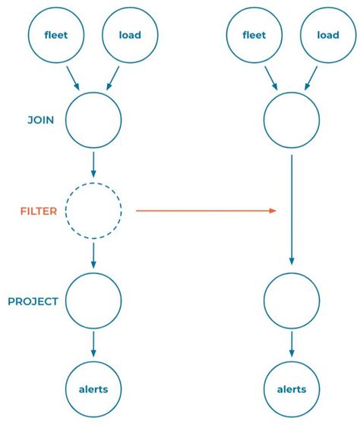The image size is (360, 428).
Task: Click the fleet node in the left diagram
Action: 55,35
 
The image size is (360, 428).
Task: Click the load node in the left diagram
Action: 129,35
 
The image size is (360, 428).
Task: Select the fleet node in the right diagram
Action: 254,35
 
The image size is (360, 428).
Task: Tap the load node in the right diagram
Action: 328,35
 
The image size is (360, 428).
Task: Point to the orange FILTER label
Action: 38,211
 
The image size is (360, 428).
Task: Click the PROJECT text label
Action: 33,301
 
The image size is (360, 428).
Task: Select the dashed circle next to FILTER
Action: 93,211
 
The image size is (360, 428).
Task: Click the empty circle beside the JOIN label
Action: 93,120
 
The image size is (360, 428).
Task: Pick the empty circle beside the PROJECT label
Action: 93,301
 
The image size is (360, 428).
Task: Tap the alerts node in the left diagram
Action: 93,389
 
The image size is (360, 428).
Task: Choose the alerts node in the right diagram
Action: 292,389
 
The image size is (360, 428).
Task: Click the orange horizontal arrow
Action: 205,211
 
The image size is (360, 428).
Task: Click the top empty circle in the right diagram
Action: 292,120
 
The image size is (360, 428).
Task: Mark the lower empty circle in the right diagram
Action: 292,301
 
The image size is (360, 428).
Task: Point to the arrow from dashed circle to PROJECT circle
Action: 93,255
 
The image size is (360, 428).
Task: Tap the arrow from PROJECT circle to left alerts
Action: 93,345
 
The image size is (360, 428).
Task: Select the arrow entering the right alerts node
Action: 292,345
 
